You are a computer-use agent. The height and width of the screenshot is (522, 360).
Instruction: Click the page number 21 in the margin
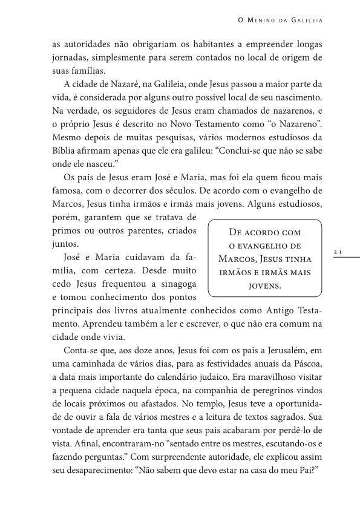339,250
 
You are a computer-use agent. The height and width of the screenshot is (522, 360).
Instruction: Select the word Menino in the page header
258,21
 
